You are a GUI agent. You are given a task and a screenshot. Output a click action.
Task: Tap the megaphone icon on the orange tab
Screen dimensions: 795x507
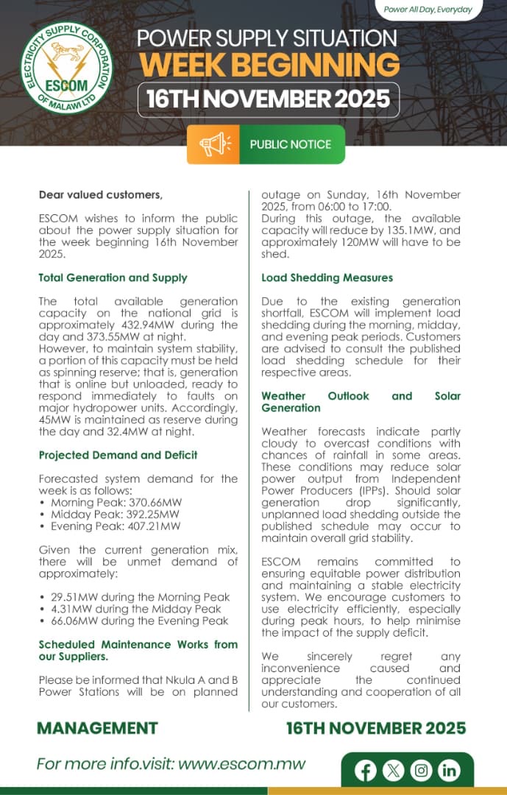(x=214, y=144)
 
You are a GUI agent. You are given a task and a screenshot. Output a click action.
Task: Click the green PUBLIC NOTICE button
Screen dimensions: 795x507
(x=291, y=144)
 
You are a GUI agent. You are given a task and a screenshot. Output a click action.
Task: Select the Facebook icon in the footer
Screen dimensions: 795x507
(x=366, y=771)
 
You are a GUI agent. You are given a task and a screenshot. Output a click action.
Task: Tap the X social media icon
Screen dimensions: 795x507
(x=394, y=771)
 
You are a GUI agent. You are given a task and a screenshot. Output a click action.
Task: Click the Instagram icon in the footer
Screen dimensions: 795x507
(x=422, y=771)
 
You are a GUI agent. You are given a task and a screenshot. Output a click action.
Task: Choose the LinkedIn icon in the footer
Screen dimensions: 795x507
(x=449, y=771)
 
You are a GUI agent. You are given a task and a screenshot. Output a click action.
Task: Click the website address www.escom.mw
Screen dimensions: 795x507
(x=242, y=764)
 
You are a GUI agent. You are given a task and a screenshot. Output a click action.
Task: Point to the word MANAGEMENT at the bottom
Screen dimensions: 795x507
(x=97, y=728)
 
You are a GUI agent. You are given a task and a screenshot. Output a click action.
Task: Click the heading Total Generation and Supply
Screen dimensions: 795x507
(x=113, y=278)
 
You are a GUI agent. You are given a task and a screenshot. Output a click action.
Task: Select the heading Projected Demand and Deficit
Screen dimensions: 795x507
(x=118, y=455)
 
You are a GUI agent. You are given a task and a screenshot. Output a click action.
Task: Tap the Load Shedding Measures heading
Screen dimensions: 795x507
(x=327, y=278)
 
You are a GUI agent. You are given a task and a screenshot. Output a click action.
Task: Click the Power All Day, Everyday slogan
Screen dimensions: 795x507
(x=428, y=10)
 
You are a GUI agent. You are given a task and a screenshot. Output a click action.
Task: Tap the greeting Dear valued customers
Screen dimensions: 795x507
(x=100, y=195)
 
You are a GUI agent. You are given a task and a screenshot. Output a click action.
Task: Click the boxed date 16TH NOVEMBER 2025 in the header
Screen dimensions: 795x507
(x=268, y=99)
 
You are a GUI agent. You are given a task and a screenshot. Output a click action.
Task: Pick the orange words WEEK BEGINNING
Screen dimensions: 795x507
(x=269, y=65)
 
